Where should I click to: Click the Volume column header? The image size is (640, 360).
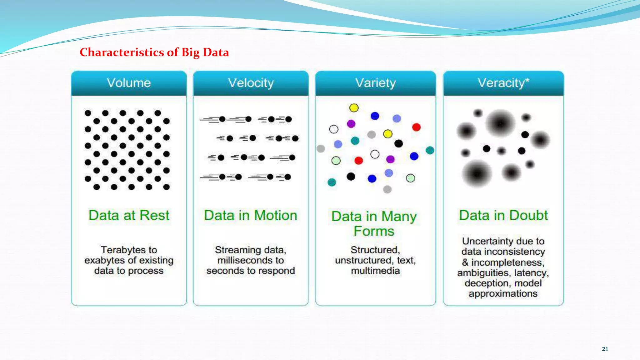[x=129, y=83]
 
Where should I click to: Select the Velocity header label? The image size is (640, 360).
[x=251, y=83]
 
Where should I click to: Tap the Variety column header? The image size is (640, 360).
[x=375, y=83]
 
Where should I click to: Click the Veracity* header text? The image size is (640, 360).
[x=503, y=83]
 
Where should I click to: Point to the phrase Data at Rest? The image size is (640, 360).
[x=129, y=215]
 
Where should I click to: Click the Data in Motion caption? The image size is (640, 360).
[x=251, y=215]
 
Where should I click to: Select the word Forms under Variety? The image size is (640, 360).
[x=374, y=231]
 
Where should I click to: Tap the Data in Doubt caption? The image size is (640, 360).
[x=503, y=215]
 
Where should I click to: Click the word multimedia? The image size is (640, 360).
[x=375, y=271]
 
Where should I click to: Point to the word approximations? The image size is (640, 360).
[x=503, y=294]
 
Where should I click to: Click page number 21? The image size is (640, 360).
[x=605, y=349]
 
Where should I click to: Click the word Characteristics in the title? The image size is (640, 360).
[x=122, y=52]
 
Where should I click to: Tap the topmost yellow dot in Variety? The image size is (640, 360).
[x=354, y=108]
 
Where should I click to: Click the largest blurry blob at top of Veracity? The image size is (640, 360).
[x=500, y=123]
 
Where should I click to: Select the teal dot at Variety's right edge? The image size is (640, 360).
[x=430, y=150]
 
